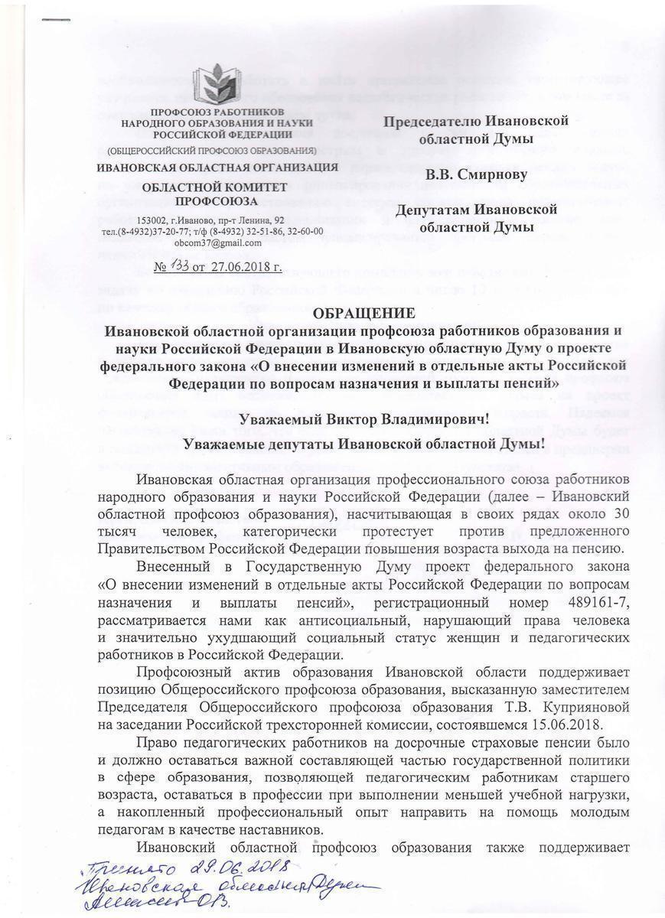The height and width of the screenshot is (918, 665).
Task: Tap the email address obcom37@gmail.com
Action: [x=218, y=243]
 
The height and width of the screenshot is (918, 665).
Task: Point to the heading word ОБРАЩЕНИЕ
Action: [x=365, y=314]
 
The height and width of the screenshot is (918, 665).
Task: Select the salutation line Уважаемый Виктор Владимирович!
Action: [x=363, y=419]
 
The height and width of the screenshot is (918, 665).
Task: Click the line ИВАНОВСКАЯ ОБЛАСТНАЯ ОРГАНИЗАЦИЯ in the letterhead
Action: [x=218, y=167]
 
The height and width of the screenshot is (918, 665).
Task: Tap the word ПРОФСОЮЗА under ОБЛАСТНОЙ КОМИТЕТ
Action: [x=217, y=201]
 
